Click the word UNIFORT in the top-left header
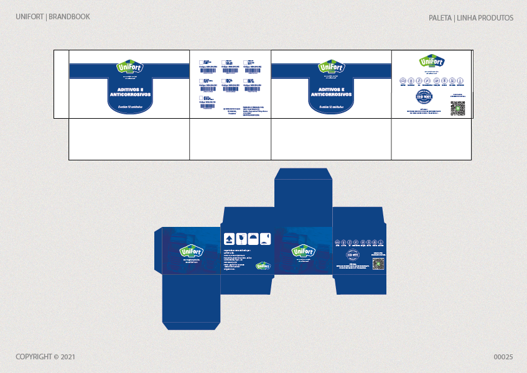pos(30,17)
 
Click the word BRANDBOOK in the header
pos(70,17)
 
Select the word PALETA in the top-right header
pos(440,18)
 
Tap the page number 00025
pos(503,357)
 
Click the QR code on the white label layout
pos(457,108)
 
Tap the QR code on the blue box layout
pos(378,264)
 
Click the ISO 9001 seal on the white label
pos(423,98)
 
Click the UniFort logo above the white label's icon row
pos(432,62)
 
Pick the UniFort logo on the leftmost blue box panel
pos(191,251)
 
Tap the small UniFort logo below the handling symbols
pos(263,266)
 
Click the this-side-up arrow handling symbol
pos(228,238)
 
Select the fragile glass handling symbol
pos(240,238)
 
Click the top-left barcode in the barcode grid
pos(206,63)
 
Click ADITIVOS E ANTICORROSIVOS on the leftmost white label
pos(130,92)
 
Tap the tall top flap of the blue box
pos(304,186)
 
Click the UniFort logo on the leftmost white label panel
pos(129,67)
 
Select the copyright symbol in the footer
pos(56,357)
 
